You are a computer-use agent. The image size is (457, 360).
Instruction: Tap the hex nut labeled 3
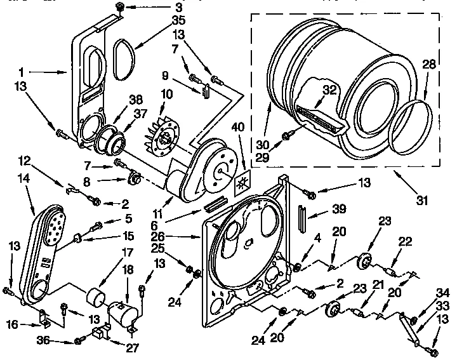[120, 7]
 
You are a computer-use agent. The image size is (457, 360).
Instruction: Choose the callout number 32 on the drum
[328, 90]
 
